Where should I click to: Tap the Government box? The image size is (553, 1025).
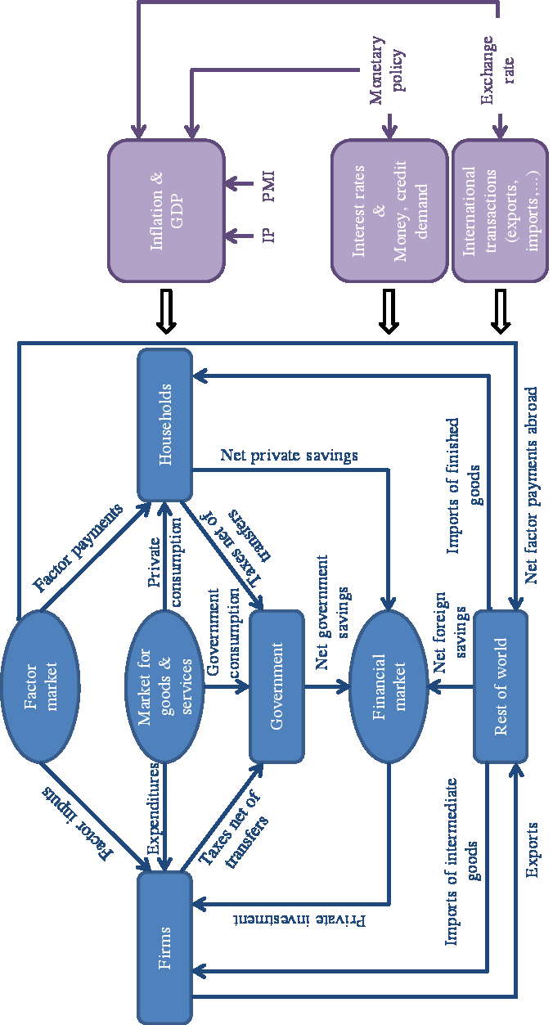coord(276,685)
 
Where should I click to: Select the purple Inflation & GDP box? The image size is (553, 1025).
coord(166,209)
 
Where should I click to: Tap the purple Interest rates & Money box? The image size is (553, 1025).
coord(389,209)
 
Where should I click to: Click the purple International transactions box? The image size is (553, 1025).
coord(500,209)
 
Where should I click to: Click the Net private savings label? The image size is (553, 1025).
coord(289,455)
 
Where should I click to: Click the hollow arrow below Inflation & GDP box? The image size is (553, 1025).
coord(166,312)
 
